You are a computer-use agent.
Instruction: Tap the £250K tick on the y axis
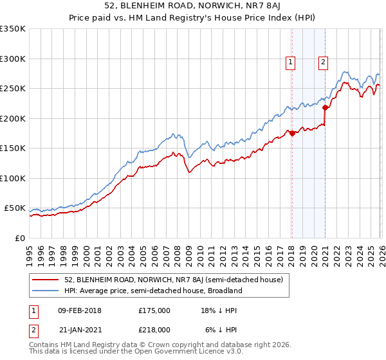pos(13,88)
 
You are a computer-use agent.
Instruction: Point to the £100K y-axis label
pos(13,178)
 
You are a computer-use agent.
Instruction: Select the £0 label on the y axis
pos(19,238)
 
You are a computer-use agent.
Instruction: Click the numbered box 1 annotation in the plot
pos(291,62)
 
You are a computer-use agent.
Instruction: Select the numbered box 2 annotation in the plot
pos(323,62)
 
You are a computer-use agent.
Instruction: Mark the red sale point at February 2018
pos(291,133)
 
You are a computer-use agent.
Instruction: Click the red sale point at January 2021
pos(325,107)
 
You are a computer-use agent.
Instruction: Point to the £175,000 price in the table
pos(154,310)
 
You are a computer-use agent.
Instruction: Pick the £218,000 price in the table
pos(154,328)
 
